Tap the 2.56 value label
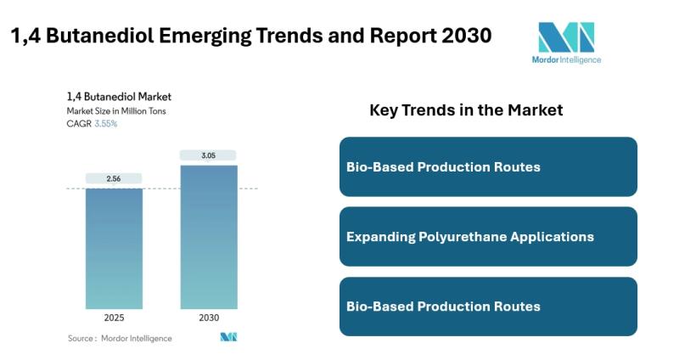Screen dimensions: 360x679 coord(114,179)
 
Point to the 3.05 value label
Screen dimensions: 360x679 coord(209,155)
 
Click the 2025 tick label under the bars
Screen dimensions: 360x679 coord(114,318)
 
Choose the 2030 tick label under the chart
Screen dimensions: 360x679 coord(209,318)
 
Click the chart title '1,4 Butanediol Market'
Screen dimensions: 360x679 coord(119,97)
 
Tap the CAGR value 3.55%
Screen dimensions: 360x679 coord(106,124)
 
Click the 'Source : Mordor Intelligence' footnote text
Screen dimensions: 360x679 coord(120,338)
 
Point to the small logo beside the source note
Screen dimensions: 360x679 coord(228,337)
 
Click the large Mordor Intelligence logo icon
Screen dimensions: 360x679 coord(566,37)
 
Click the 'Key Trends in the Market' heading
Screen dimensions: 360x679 coord(466,110)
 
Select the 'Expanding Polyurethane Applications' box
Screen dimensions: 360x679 coord(488,237)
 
